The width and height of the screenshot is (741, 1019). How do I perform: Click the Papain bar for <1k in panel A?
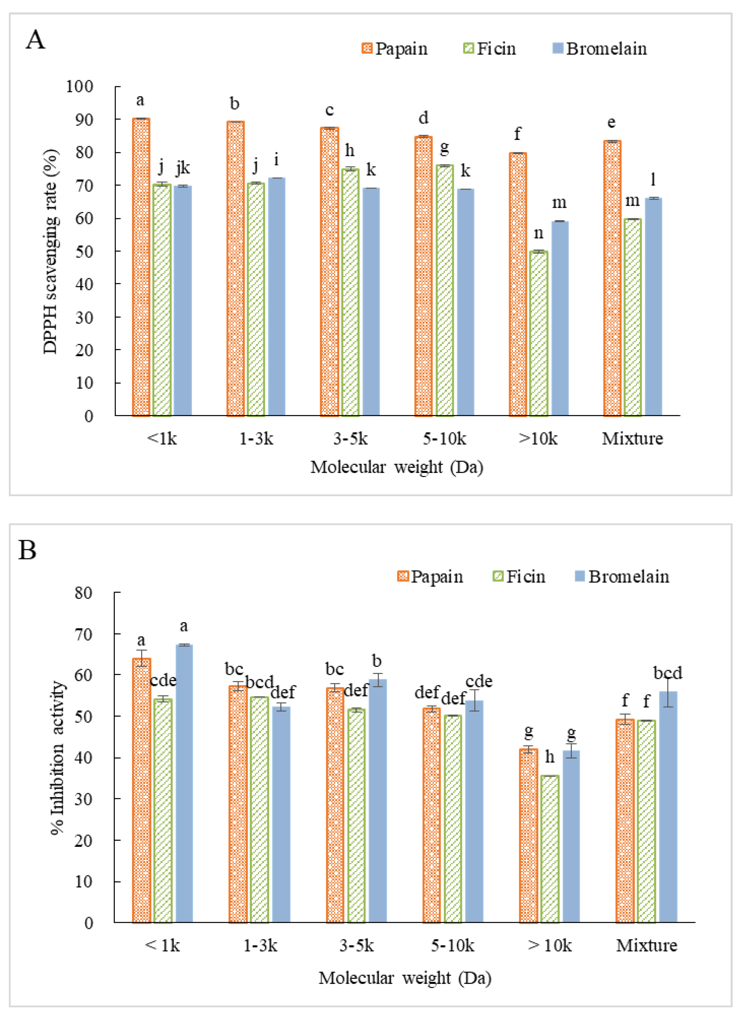pos(141,267)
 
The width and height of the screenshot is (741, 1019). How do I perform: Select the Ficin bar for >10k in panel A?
pos(538,333)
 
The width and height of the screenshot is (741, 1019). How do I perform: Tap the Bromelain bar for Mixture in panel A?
pos(653,307)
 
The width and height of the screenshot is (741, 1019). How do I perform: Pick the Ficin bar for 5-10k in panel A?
pos(444,291)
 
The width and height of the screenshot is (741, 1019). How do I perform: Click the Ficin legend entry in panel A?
pos(489,48)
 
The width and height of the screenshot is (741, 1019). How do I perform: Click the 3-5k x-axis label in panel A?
pos(351,439)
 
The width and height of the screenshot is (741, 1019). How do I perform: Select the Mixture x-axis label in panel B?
pos(646,946)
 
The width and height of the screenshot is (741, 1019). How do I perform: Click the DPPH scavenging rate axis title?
pos(51,252)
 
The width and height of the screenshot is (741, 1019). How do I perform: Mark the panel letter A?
pos(36,40)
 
